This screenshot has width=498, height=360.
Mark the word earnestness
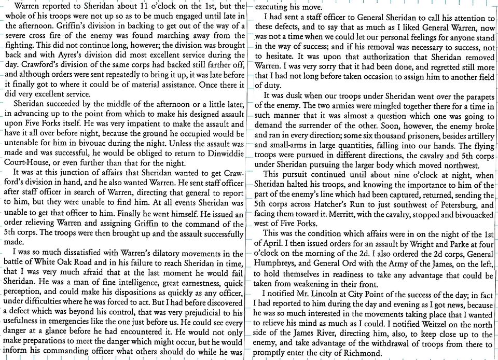198,283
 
